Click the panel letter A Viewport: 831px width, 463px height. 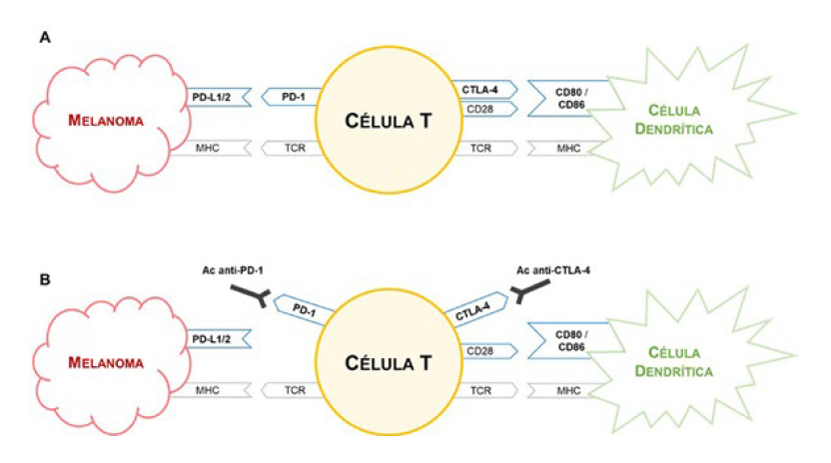point(45,38)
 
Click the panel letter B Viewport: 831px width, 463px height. point(45,278)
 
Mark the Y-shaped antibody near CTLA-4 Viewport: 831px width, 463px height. point(529,294)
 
